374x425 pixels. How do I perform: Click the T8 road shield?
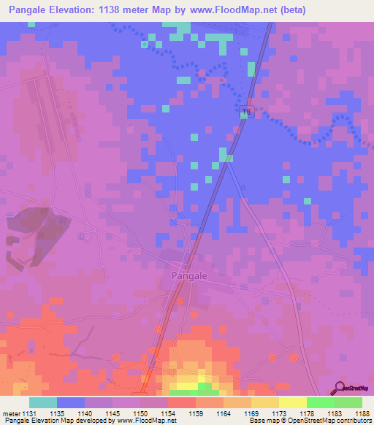pyautogui.click(x=246, y=112)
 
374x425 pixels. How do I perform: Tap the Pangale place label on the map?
pyautogui.click(x=190, y=276)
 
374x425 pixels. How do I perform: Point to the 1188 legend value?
pyautogui.click(x=360, y=413)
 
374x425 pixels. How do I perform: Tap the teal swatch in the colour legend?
pyautogui.click(x=43, y=402)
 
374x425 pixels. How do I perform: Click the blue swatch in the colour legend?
pyautogui.click(x=71, y=402)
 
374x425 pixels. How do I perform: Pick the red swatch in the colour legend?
pyautogui.click(x=181, y=402)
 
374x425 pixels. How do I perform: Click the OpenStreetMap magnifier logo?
pyautogui.click(x=340, y=387)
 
